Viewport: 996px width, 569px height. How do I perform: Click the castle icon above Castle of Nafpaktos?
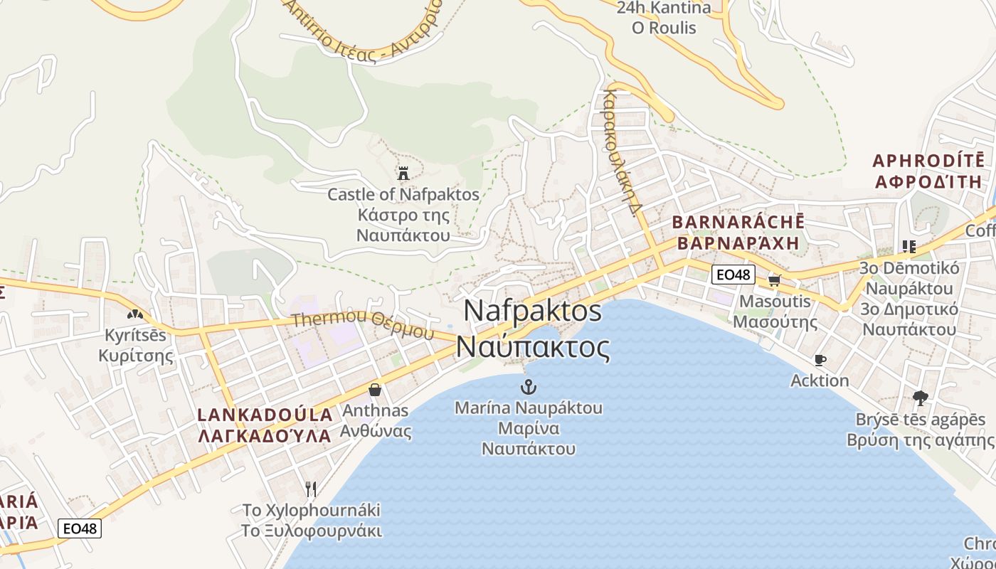click(x=403, y=173)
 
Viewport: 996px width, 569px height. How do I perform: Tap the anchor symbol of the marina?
click(x=528, y=387)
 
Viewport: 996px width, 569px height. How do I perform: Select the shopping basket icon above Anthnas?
click(x=375, y=390)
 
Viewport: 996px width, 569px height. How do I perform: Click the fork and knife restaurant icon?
click(x=310, y=489)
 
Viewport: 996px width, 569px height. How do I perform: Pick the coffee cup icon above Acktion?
click(x=820, y=360)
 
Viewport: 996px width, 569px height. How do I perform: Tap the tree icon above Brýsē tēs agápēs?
click(x=920, y=398)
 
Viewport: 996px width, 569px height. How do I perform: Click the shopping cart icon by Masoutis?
click(x=774, y=280)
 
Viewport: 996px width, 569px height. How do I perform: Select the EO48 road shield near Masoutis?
click(x=733, y=275)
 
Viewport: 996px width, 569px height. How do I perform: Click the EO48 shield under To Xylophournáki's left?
click(x=80, y=528)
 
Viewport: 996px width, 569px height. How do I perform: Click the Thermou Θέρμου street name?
click(x=362, y=324)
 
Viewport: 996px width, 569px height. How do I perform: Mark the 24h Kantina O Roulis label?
click(x=664, y=18)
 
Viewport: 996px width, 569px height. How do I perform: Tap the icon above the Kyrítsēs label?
click(x=134, y=314)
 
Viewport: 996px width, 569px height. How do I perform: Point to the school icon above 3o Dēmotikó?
click(x=908, y=247)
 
